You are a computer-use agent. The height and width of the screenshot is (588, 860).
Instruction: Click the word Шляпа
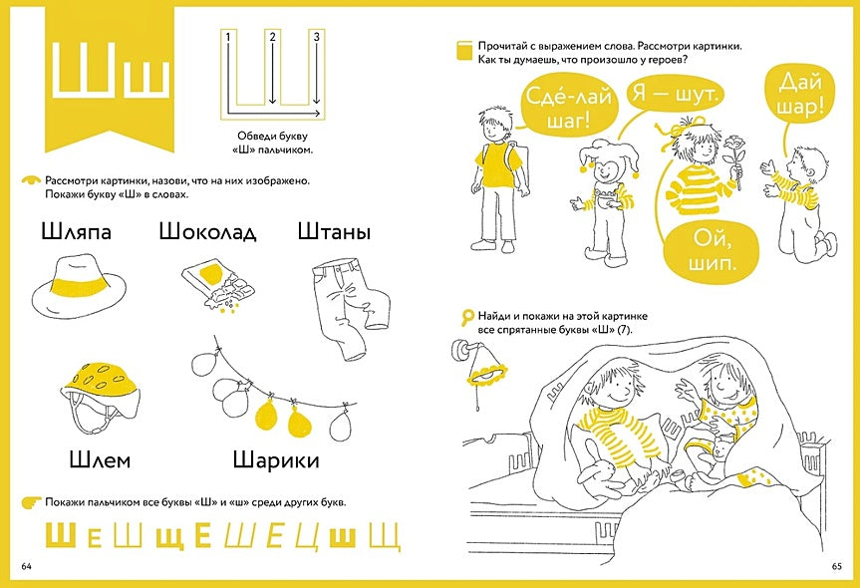[77, 232]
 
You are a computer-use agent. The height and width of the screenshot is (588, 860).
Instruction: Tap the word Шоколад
[207, 232]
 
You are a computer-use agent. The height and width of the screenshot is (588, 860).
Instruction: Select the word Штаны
[334, 232]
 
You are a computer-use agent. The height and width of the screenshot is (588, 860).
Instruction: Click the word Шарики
[276, 459]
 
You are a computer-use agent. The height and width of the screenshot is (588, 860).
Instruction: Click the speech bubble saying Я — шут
[675, 96]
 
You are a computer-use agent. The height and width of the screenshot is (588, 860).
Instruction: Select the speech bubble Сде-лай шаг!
[561, 107]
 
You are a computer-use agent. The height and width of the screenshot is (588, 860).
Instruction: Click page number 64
[27, 566]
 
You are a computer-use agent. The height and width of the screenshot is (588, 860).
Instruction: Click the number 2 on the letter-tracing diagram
[271, 38]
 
